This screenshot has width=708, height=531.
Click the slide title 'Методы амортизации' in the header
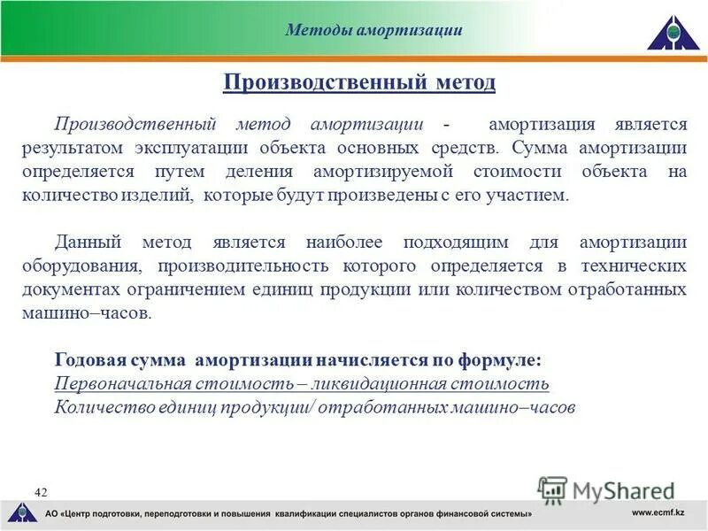tap(373, 30)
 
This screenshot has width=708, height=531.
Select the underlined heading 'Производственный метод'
tap(359, 82)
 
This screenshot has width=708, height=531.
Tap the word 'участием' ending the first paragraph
tap(535, 195)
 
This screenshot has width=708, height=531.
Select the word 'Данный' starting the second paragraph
tap(87, 242)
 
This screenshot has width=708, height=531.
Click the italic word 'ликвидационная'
tap(393, 384)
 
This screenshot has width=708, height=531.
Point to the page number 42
tap(42, 492)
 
